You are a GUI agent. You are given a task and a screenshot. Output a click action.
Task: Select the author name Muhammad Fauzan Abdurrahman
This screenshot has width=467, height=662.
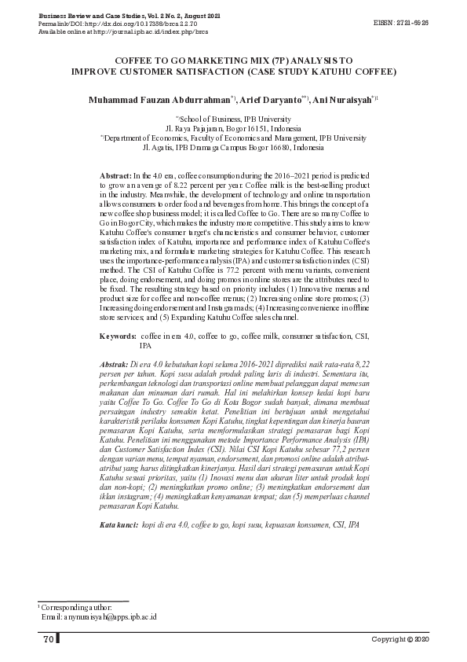click(x=158, y=101)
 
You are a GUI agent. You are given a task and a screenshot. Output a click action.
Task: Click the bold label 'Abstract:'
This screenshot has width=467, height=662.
click(x=116, y=174)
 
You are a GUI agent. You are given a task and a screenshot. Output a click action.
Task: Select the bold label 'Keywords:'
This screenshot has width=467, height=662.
click(x=119, y=337)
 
